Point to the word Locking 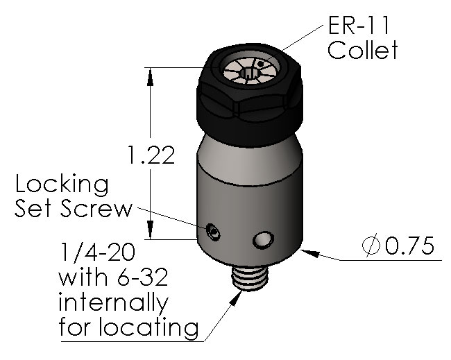pos(62,186)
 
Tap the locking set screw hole pos(214,231)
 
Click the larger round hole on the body pos(262,239)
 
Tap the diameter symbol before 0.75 pos(370,246)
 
